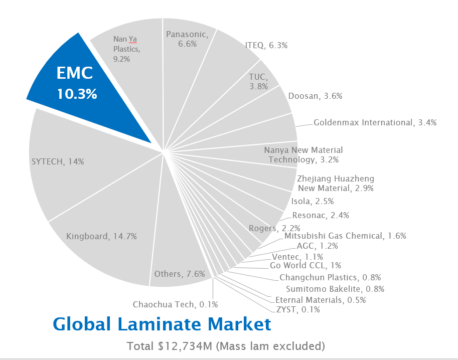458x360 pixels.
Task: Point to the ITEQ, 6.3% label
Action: (266, 45)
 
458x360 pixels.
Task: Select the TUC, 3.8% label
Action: (258, 81)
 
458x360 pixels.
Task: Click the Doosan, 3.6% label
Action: (315, 96)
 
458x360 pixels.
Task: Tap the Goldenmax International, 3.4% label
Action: (375, 122)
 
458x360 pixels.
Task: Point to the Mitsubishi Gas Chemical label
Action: (345, 236)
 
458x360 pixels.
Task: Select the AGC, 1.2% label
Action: (324, 246)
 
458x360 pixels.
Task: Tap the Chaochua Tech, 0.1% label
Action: (175, 304)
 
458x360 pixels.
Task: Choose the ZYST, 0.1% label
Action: (298, 310)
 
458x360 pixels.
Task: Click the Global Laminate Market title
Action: (162, 324)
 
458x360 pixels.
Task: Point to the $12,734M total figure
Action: (179, 346)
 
